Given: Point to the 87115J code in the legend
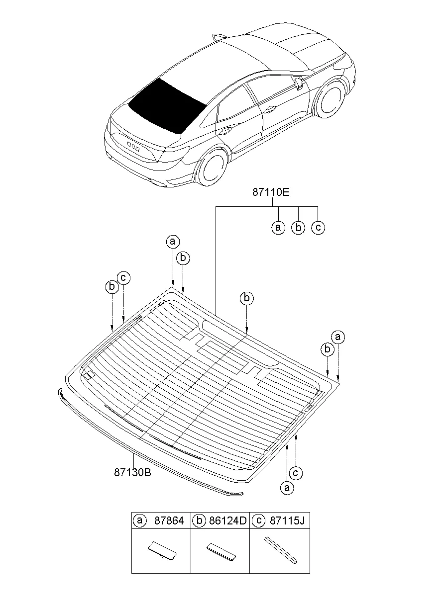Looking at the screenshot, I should (x=287, y=520).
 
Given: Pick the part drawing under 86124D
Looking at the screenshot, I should (x=221, y=551).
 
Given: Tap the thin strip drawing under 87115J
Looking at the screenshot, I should (x=281, y=550).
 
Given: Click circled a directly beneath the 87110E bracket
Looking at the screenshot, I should (x=278, y=228).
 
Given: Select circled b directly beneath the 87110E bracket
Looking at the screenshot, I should (x=298, y=228).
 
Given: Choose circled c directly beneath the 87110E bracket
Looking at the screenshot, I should (x=318, y=228).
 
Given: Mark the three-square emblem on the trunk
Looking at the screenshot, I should (x=133, y=146).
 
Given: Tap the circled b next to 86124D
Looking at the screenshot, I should (x=199, y=520).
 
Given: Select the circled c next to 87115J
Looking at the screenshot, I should (x=258, y=520).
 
